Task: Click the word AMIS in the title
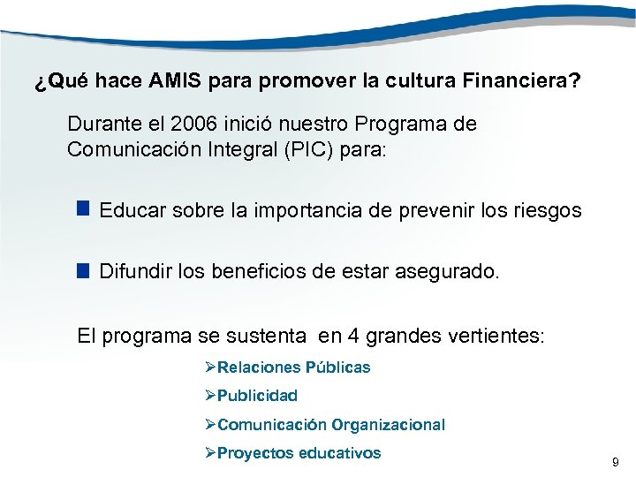(176, 82)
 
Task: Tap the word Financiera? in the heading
(520, 82)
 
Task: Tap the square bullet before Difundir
(83, 271)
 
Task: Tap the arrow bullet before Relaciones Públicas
(209, 367)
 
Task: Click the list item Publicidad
(257, 396)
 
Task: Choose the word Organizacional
(389, 425)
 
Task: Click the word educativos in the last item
(340, 453)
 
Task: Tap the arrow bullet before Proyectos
(209, 453)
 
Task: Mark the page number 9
(616, 462)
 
